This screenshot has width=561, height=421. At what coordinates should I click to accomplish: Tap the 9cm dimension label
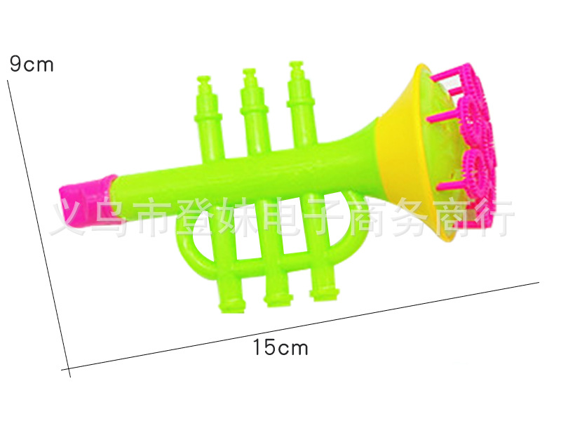[x=32, y=64]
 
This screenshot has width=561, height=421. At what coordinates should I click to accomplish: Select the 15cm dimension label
[x=280, y=347]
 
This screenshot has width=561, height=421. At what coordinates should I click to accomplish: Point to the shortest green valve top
[x=208, y=118]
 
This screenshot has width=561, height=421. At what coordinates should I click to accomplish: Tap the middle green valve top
[x=254, y=111]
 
